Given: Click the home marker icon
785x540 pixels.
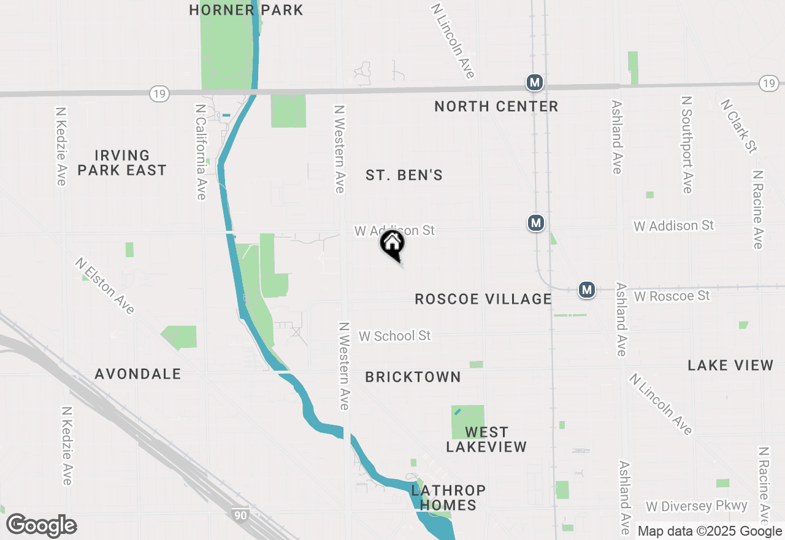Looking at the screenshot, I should [392, 244].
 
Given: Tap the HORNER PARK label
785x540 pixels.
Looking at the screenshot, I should [246, 10].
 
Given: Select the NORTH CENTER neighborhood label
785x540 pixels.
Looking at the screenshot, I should [496, 107].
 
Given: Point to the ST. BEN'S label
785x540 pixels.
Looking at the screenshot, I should [404, 175].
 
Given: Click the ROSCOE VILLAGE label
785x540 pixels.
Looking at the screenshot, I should [483, 299].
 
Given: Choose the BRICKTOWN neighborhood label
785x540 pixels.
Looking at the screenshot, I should [413, 377].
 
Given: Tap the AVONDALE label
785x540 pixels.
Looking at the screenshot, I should [138, 374].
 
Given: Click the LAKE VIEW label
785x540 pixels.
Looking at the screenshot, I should [730, 366].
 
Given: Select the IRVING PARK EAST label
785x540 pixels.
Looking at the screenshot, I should [122, 163].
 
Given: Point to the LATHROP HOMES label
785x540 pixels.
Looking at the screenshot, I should [448, 498].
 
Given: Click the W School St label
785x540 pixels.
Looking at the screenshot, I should [395, 336].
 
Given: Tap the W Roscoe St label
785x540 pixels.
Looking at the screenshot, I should [672, 296].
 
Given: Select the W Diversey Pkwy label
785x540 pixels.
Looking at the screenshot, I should [697, 506].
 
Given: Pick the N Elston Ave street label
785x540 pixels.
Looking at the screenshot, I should [105, 285].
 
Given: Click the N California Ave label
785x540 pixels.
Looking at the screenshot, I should [201, 151].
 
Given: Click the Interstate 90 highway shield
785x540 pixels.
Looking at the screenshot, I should [240, 514].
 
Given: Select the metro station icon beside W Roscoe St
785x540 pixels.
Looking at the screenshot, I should [587, 289].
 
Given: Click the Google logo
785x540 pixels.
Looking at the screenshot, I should [42, 526].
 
